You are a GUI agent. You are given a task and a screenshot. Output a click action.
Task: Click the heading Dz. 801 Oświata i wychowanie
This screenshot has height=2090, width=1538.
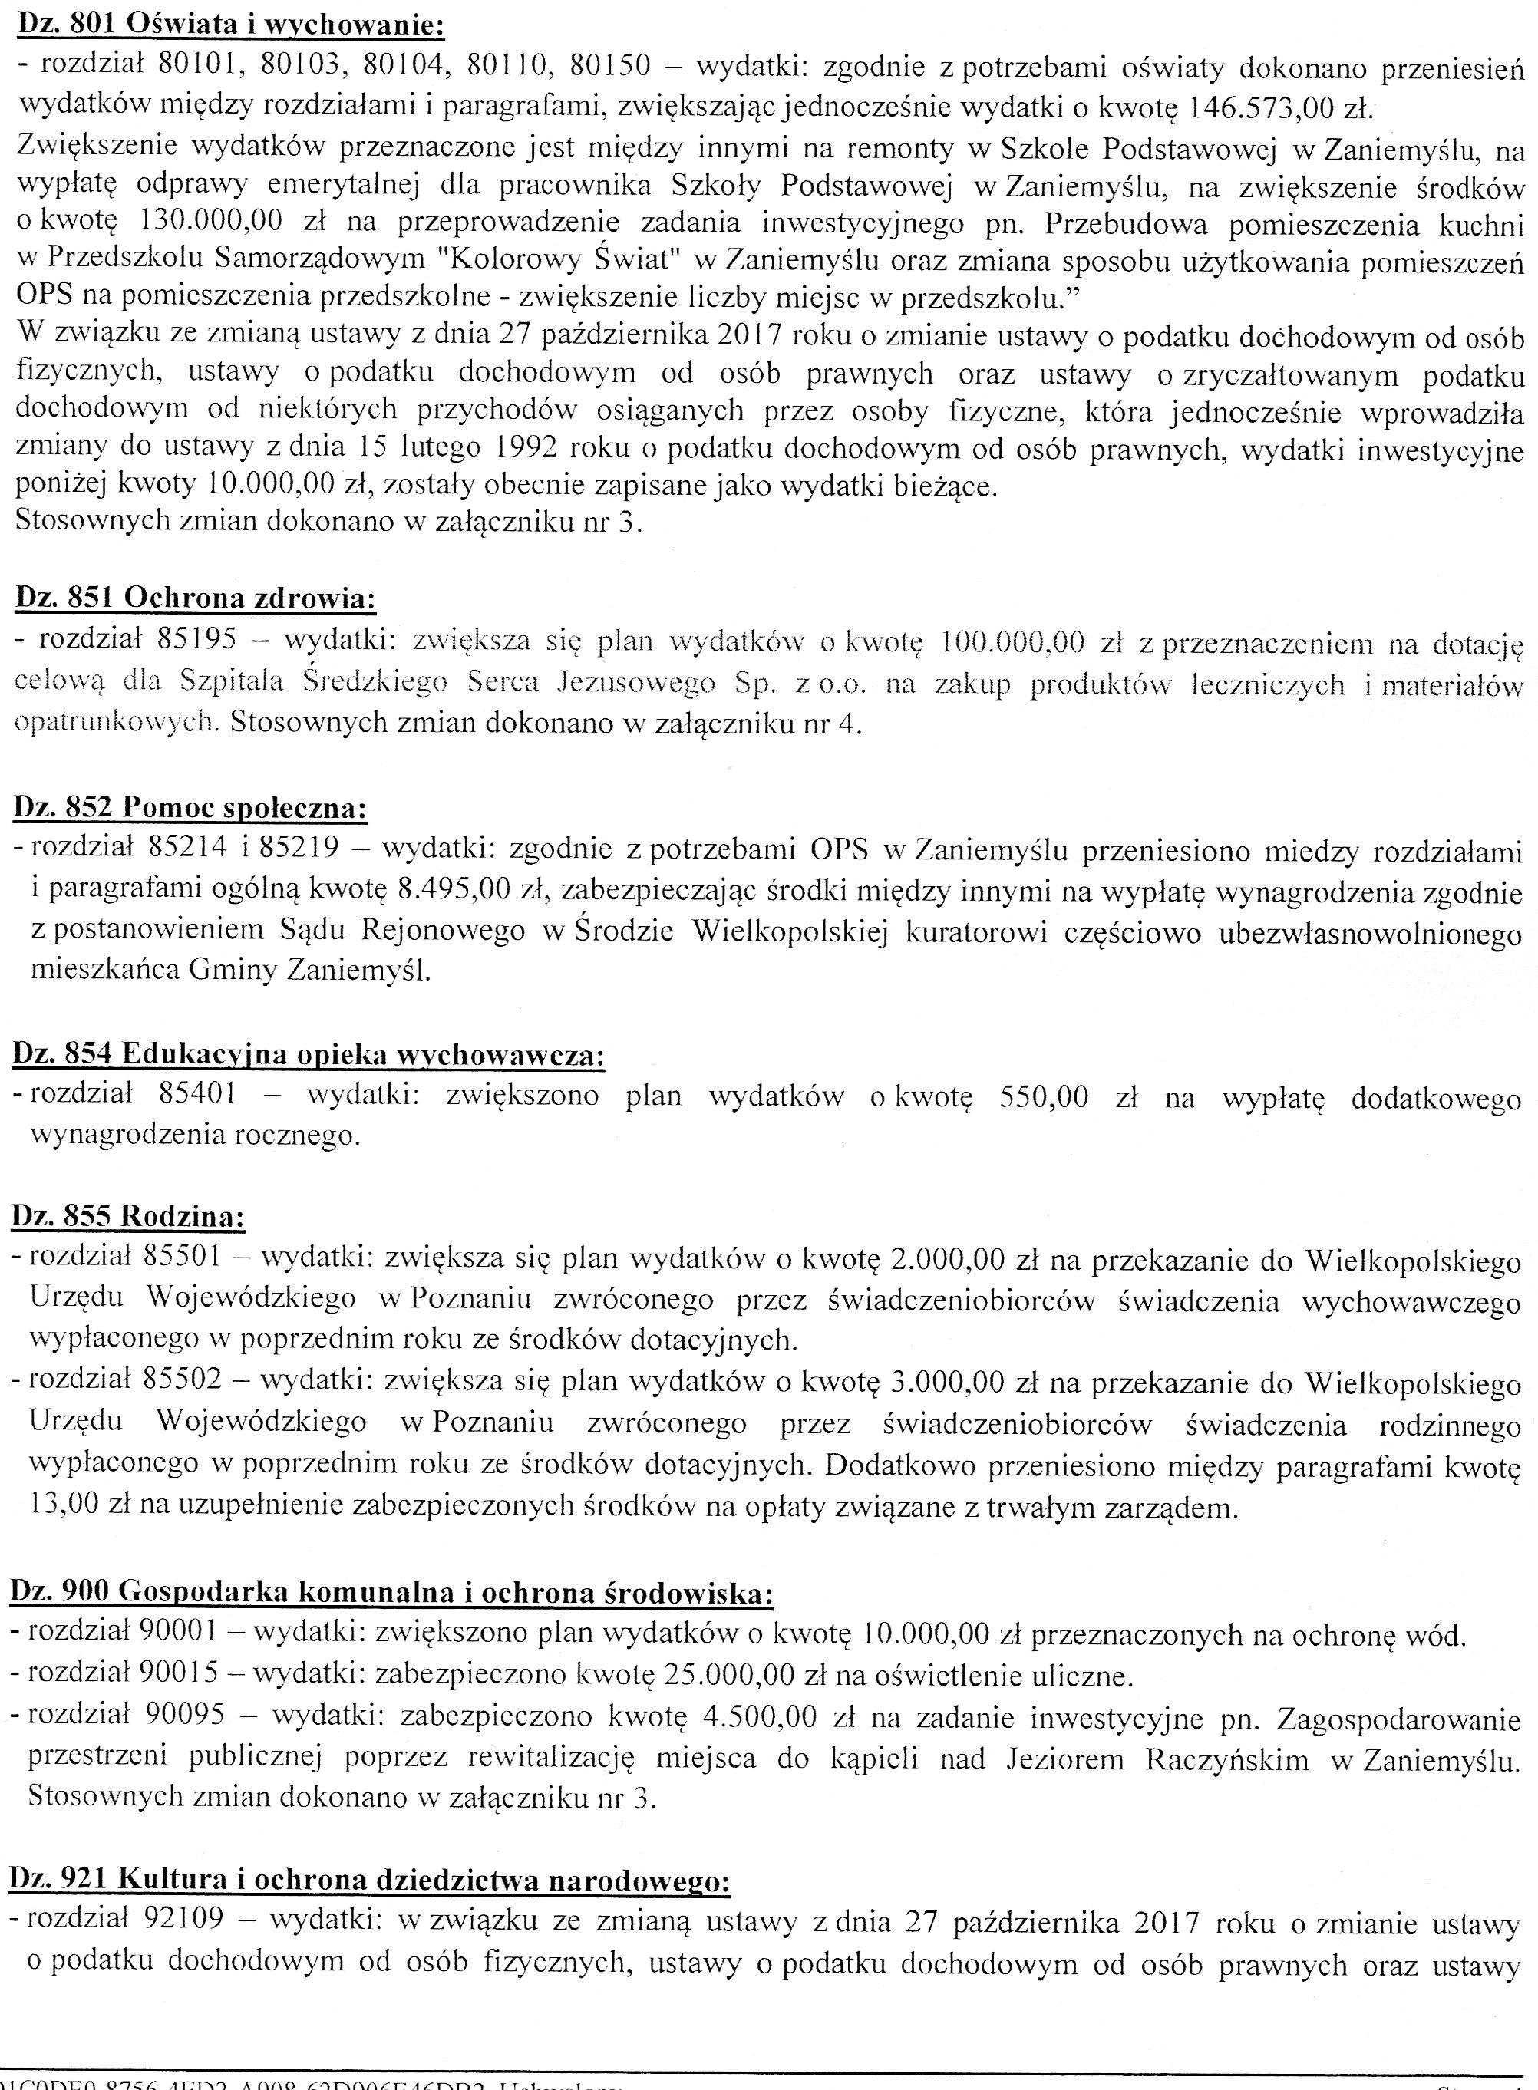230,25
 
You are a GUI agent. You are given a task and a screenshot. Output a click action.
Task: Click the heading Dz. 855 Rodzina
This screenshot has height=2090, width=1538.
127,1216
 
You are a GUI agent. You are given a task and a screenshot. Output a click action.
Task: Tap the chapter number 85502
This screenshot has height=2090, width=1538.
183,1380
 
